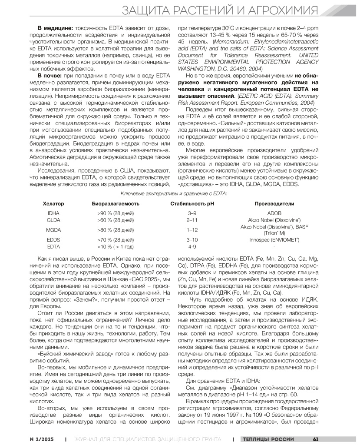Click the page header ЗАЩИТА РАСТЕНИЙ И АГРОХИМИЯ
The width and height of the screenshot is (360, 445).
coord(225,10)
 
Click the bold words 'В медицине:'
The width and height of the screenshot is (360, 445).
coord(56,28)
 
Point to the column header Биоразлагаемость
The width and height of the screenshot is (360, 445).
coord(116,203)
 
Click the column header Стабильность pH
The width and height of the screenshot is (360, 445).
coord(192,203)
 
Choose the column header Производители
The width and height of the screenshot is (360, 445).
coord(274,203)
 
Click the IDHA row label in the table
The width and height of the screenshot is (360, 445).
coord(53,213)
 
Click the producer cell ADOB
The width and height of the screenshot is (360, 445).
coord(274,213)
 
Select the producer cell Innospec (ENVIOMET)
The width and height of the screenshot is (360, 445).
coord(274,239)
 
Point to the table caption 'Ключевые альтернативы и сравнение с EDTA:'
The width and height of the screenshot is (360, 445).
coord(180,193)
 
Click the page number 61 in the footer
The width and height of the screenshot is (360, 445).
coord(316,438)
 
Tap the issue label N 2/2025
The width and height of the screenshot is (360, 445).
coord(42,438)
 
